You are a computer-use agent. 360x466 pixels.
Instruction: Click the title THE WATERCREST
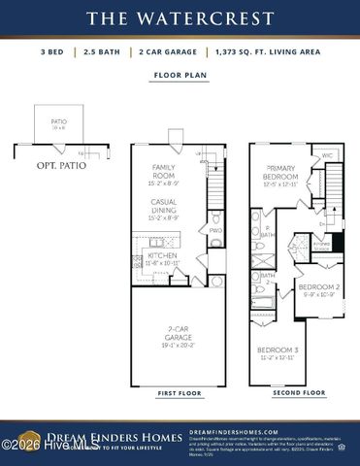[x=180, y=17]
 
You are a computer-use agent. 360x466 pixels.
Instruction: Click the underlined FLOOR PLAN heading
[x=179, y=74]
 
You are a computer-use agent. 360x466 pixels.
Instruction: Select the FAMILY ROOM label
[x=162, y=171]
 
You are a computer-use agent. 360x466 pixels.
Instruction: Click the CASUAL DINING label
[x=162, y=206]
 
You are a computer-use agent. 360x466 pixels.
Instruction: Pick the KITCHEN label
[x=162, y=256]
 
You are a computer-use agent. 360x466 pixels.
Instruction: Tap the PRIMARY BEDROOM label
[x=281, y=173]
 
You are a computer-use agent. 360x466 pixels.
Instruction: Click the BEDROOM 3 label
[x=277, y=350]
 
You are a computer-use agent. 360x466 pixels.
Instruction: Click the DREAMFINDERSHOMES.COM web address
[x=234, y=431]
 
